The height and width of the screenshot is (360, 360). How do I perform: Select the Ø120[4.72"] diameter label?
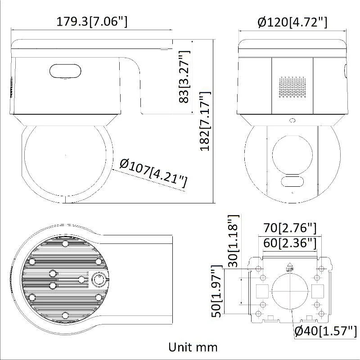pos(292,21)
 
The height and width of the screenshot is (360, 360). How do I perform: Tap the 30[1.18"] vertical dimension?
pos(232,241)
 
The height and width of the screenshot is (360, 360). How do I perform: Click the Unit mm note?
pos(193,347)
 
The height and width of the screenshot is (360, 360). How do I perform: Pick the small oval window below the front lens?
pos(291,181)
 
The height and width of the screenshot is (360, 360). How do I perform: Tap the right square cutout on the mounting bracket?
pos(318,291)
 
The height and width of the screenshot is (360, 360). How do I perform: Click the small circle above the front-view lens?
pos(292,120)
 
